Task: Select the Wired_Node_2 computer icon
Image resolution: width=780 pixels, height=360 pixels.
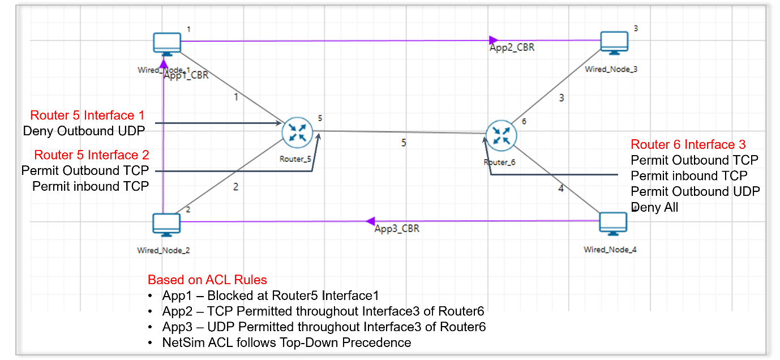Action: tap(167, 225)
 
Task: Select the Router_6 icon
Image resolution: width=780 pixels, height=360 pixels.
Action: tap(500, 135)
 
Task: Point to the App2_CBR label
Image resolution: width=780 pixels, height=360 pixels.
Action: tap(512, 48)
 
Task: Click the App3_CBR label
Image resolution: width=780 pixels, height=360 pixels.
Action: tap(397, 229)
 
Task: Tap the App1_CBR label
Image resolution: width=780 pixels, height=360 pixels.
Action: tap(186, 75)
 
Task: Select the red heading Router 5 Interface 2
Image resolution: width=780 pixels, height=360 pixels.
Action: tap(92, 155)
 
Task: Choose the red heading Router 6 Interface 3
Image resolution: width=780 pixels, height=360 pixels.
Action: tap(688, 144)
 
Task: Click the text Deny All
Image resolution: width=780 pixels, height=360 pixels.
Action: tap(655, 207)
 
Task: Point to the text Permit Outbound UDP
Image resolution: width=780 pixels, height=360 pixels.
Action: tap(695, 191)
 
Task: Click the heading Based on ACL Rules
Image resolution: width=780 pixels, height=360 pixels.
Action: tap(207, 280)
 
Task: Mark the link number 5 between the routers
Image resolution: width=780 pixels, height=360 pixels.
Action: tap(404, 143)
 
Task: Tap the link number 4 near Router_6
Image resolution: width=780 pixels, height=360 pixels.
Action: tap(561, 188)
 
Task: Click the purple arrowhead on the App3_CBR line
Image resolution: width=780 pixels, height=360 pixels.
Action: tap(371, 221)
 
